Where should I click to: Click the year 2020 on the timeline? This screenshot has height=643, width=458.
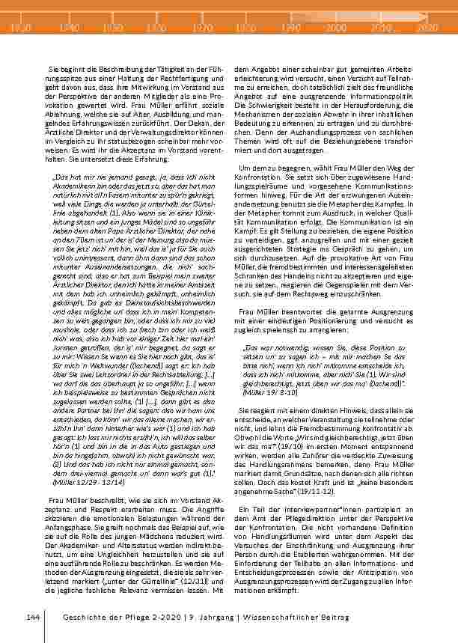(426, 28)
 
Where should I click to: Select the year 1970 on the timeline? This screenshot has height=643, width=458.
(202, 28)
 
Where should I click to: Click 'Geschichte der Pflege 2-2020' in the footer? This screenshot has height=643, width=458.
(109, 616)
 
